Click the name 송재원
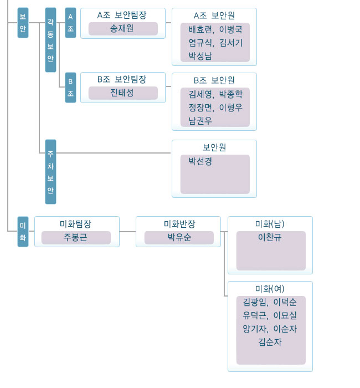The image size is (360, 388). pyautogui.click(x=122, y=28)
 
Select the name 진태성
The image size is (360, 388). pyautogui.click(x=122, y=93)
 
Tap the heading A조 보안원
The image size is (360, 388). pyautogui.click(x=214, y=16)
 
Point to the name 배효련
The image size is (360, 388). pyautogui.click(x=200, y=29)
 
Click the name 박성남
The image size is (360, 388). pyautogui.click(x=200, y=55)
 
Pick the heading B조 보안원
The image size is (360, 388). pyautogui.click(x=214, y=80)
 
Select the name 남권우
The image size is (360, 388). pyautogui.click(x=200, y=121)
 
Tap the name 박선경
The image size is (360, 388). pyautogui.click(x=200, y=161)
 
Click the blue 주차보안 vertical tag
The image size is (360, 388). pyautogui.click(x=50, y=172)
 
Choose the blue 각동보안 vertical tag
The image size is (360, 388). pyautogui.click(x=50, y=40)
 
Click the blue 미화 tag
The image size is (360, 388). pyautogui.click(x=23, y=232)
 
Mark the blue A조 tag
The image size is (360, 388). pyautogui.click(x=70, y=23)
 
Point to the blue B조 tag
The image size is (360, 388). pyautogui.click(x=70, y=88)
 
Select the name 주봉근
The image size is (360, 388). pyautogui.click(x=75, y=237)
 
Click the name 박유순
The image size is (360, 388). pyautogui.click(x=179, y=237)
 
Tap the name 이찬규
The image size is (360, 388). pyautogui.click(x=270, y=237)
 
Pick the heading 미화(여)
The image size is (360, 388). pyautogui.click(x=270, y=289)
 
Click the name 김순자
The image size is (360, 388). pyautogui.click(x=270, y=342)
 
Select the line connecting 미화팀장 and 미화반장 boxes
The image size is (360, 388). pyautogui.click(x=127, y=232)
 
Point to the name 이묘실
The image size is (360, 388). pyautogui.click(x=285, y=315)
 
